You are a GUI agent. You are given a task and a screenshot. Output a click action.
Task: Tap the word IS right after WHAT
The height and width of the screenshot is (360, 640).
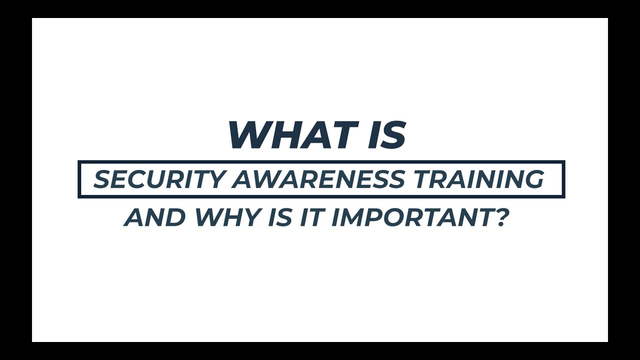pos(386,135)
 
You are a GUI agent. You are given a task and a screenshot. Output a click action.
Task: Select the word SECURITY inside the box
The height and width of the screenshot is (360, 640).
pos(158,179)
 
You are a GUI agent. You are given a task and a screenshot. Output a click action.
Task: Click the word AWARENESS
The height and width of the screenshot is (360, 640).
pos(317,179)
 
